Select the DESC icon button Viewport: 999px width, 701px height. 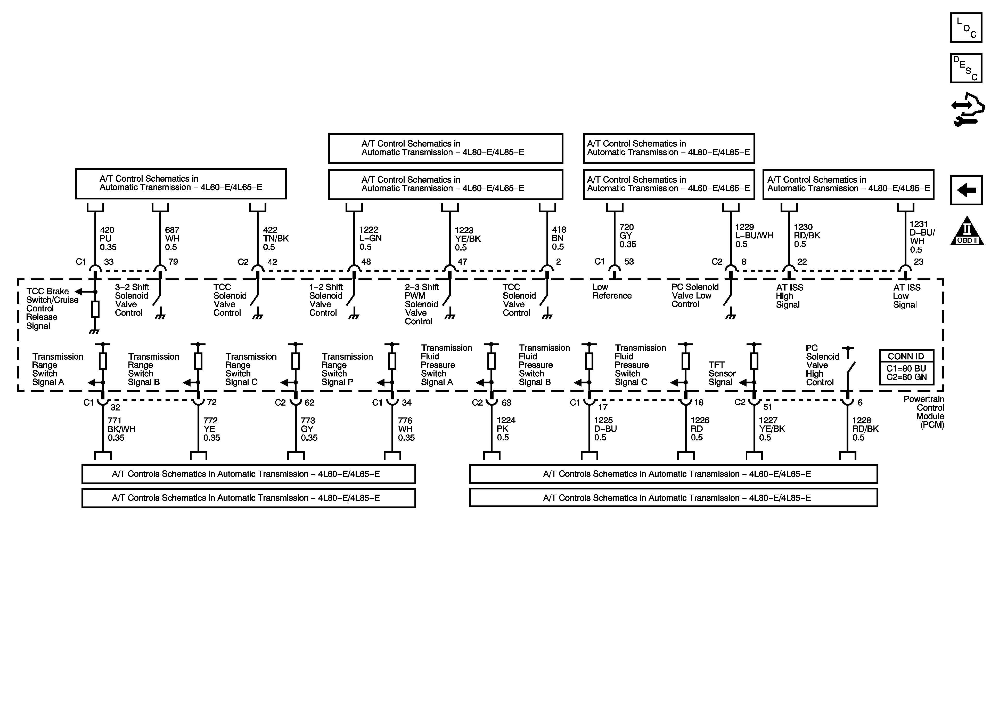[x=966, y=68]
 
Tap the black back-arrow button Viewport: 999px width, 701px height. [x=966, y=190]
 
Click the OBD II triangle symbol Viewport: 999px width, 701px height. [x=967, y=231]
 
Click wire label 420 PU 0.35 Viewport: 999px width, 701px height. [x=108, y=239]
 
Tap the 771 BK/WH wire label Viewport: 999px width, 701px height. [x=121, y=429]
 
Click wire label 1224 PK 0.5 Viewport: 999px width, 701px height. [x=506, y=429]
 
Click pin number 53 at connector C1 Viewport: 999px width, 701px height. [x=629, y=262]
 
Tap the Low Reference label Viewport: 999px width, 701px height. [x=611, y=291]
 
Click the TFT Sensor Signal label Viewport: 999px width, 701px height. [x=722, y=374]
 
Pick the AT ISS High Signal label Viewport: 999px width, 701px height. [x=789, y=296]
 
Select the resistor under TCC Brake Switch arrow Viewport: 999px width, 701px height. [x=95, y=309]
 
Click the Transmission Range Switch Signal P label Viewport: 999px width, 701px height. [x=347, y=369]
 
